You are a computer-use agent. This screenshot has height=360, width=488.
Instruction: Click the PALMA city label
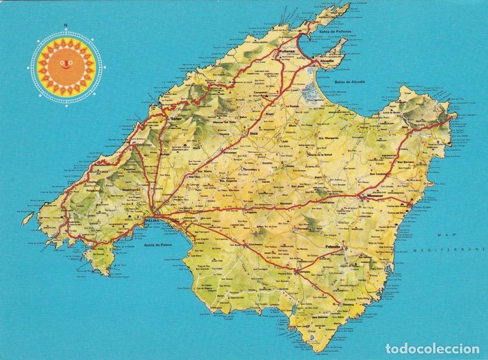pyautogui.click(x=152, y=220)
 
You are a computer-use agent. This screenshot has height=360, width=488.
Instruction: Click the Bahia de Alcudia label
pyautogui.click(x=349, y=82)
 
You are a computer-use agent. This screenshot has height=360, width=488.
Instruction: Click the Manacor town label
pyautogui.click(x=376, y=196)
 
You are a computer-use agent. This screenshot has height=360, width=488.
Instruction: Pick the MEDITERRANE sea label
pyautogui.click(x=449, y=249)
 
